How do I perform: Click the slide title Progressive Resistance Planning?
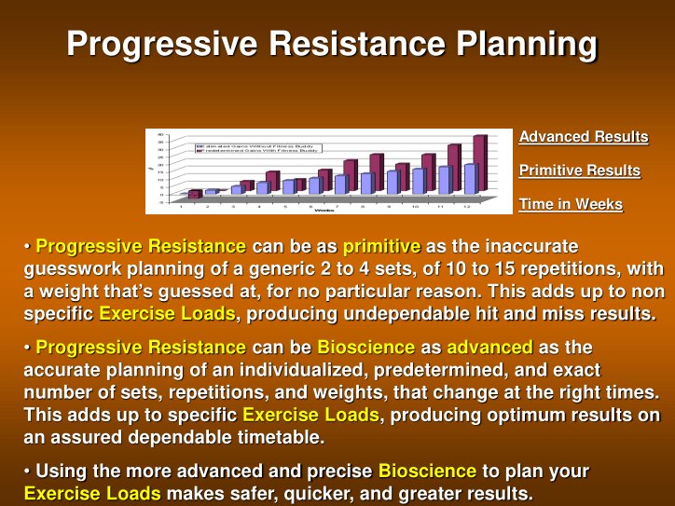click(x=332, y=44)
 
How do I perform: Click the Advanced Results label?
click(x=583, y=137)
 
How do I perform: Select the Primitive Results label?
click(x=579, y=171)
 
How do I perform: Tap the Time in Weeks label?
click(x=570, y=204)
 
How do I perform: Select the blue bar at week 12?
click(x=470, y=178)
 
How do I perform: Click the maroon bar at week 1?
click(x=194, y=194)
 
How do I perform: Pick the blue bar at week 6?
click(x=314, y=185)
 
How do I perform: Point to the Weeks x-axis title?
click(x=324, y=211)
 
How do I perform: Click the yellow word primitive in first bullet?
click(x=382, y=247)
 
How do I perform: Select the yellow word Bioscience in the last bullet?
click(x=427, y=471)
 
